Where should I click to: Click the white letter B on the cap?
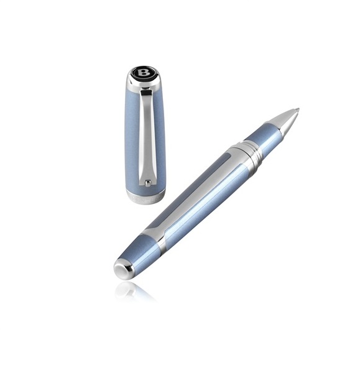pyautogui.click(x=142, y=72)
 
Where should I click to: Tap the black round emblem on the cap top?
pyautogui.click(x=143, y=72)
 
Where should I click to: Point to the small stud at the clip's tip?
pyautogui.click(x=148, y=182)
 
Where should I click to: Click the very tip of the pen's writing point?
pyautogui.click(x=298, y=109)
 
